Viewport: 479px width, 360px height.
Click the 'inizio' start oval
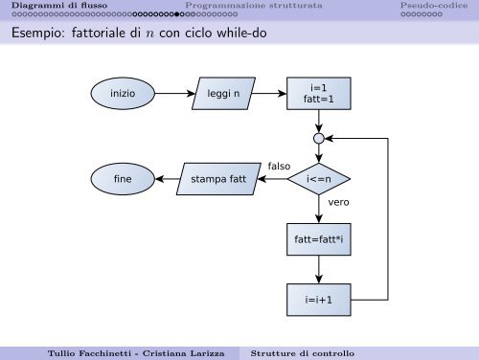tap(123, 95)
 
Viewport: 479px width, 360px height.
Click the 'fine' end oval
tap(122, 178)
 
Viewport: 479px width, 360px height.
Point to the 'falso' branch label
tap(279, 167)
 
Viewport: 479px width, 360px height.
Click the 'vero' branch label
tap(338, 203)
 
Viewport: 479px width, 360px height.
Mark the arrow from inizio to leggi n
tap(173, 95)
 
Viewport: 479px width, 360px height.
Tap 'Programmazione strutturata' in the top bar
tap(239, 7)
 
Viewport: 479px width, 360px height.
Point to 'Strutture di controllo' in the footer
tap(302, 352)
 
